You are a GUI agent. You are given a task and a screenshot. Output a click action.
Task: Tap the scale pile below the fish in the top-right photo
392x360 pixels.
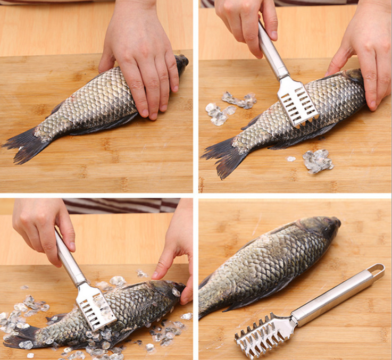pos(318,161)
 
